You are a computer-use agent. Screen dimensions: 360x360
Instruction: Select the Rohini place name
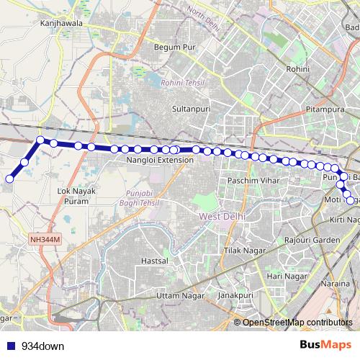[298, 69]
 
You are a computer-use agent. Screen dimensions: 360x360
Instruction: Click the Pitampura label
[323, 113]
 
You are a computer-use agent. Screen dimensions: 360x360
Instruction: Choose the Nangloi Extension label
[161, 161]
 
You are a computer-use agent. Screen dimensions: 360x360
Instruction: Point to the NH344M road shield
[45, 238]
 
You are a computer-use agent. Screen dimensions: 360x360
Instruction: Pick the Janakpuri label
[237, 295]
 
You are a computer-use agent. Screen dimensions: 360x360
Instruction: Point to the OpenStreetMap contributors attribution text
[297, 322]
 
